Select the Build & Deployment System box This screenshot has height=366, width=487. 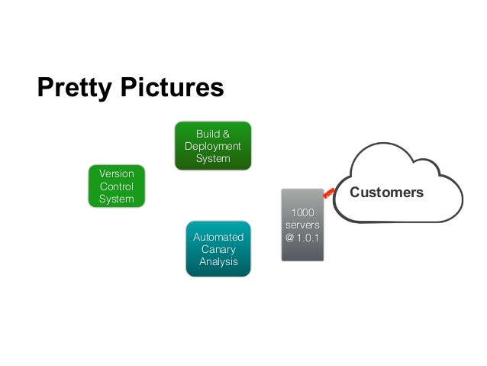point(212,145)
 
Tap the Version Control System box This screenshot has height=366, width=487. point(116,186)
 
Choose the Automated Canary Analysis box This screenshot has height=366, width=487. point(218,248)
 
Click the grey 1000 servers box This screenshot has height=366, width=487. point(302,225)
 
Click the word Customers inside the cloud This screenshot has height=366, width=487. point(386,193)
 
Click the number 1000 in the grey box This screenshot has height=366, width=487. point(302,212)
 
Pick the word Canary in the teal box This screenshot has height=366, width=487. point(218,249)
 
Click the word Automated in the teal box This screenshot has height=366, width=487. point(218,237)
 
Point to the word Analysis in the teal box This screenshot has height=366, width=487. point(218,261)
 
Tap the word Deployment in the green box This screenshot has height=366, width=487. point(212,146)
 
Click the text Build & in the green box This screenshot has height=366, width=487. point(212,133)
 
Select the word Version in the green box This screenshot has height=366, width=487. point(116,173)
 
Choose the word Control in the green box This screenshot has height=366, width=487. point(116,186)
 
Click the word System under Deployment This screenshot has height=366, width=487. point(212,158)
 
